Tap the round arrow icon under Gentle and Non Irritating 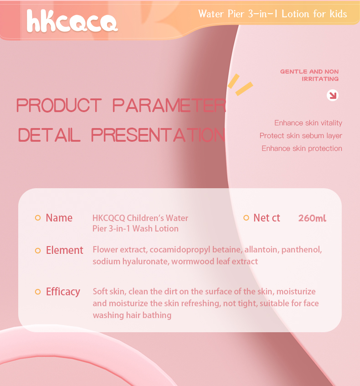(x=333, y=95)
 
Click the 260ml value (x=312, y=218)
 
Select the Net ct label (x=267, y=218)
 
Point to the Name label (x=59, y=218)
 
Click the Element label (x=64, y=250)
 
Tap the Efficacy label (x=63, y=292)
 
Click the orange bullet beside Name (x=38, y=218)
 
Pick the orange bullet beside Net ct (x=246, y=218)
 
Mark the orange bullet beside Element (x=38, y=250)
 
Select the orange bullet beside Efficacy (x=38, y=292)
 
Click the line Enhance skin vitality (x=308, y=123)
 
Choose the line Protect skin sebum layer (x=301, y=136)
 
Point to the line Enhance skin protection (x=302, y=149)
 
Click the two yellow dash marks (x=241, y=85)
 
